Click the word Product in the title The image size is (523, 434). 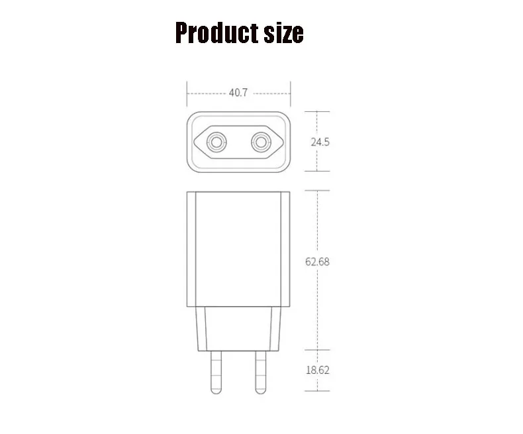216,32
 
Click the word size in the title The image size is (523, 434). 283,33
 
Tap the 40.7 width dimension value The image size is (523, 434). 238,93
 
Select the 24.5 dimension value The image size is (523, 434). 320,142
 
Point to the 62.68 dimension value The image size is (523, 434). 317,262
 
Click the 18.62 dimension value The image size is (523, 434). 318,370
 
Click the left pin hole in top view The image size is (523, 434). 216,142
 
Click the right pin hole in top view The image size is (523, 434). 261,142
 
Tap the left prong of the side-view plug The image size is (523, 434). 216,372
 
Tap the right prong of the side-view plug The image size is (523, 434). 260,372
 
